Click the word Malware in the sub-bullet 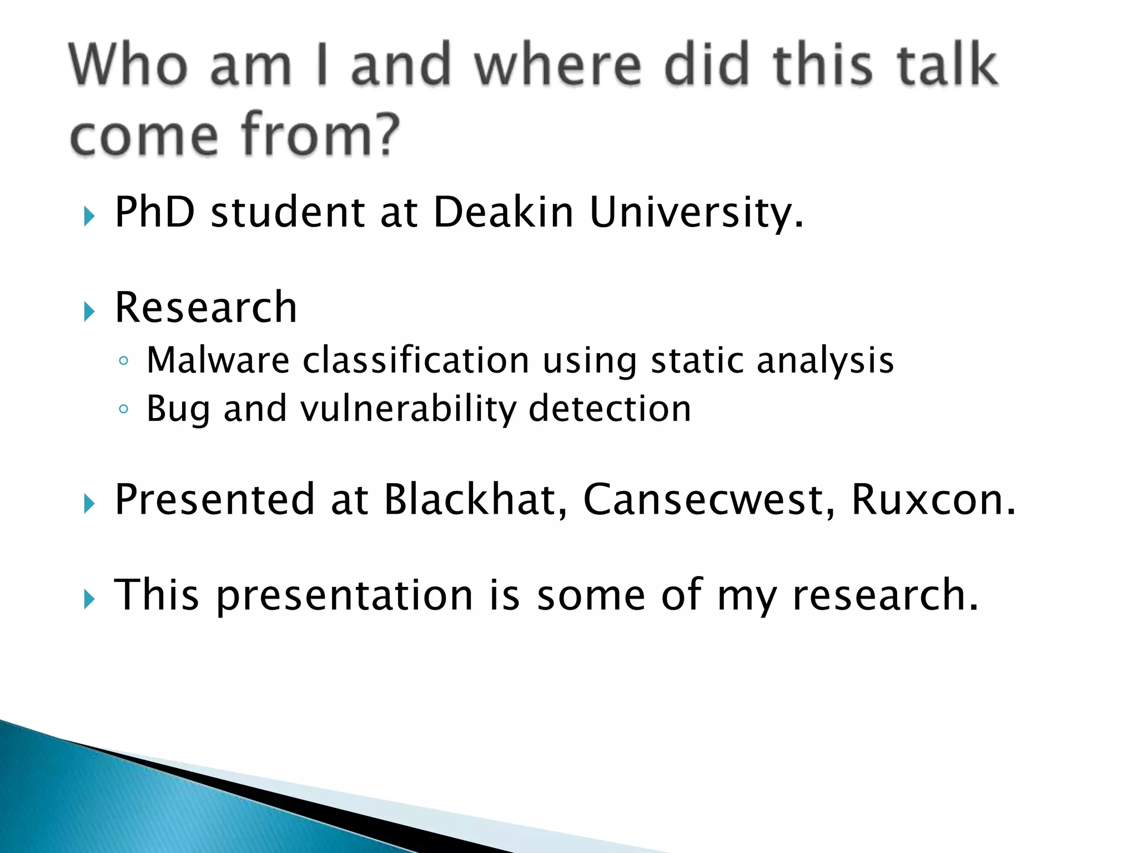tap(218, 360)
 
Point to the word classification tap(416, 360)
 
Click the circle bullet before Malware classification tap(123, 362)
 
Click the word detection tap(610, 409)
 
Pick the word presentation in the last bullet tap(344, 595)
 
